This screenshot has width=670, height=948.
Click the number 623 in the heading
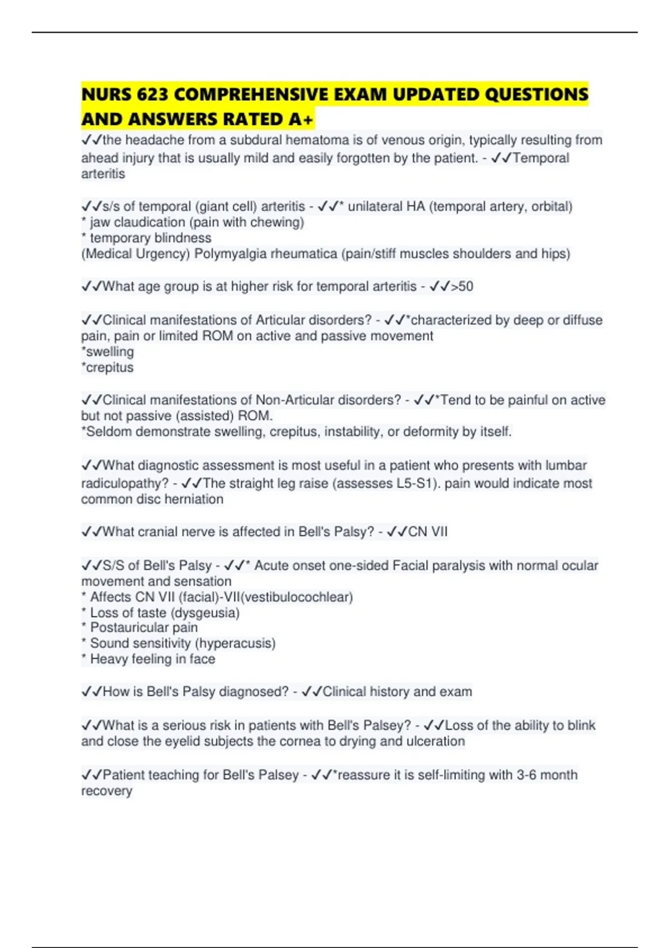coord(152,95)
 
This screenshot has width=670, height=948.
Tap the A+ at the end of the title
coord(301,119)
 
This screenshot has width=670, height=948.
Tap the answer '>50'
coord(462,287)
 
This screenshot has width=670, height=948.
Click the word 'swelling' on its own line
coord(110,352)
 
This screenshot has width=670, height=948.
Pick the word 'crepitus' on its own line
coord(110,367)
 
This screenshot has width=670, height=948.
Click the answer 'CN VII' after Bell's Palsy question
coord(428,531)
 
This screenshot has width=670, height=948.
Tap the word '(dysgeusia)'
coord(205,613)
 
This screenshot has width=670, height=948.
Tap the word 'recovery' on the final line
coord(107,791)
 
